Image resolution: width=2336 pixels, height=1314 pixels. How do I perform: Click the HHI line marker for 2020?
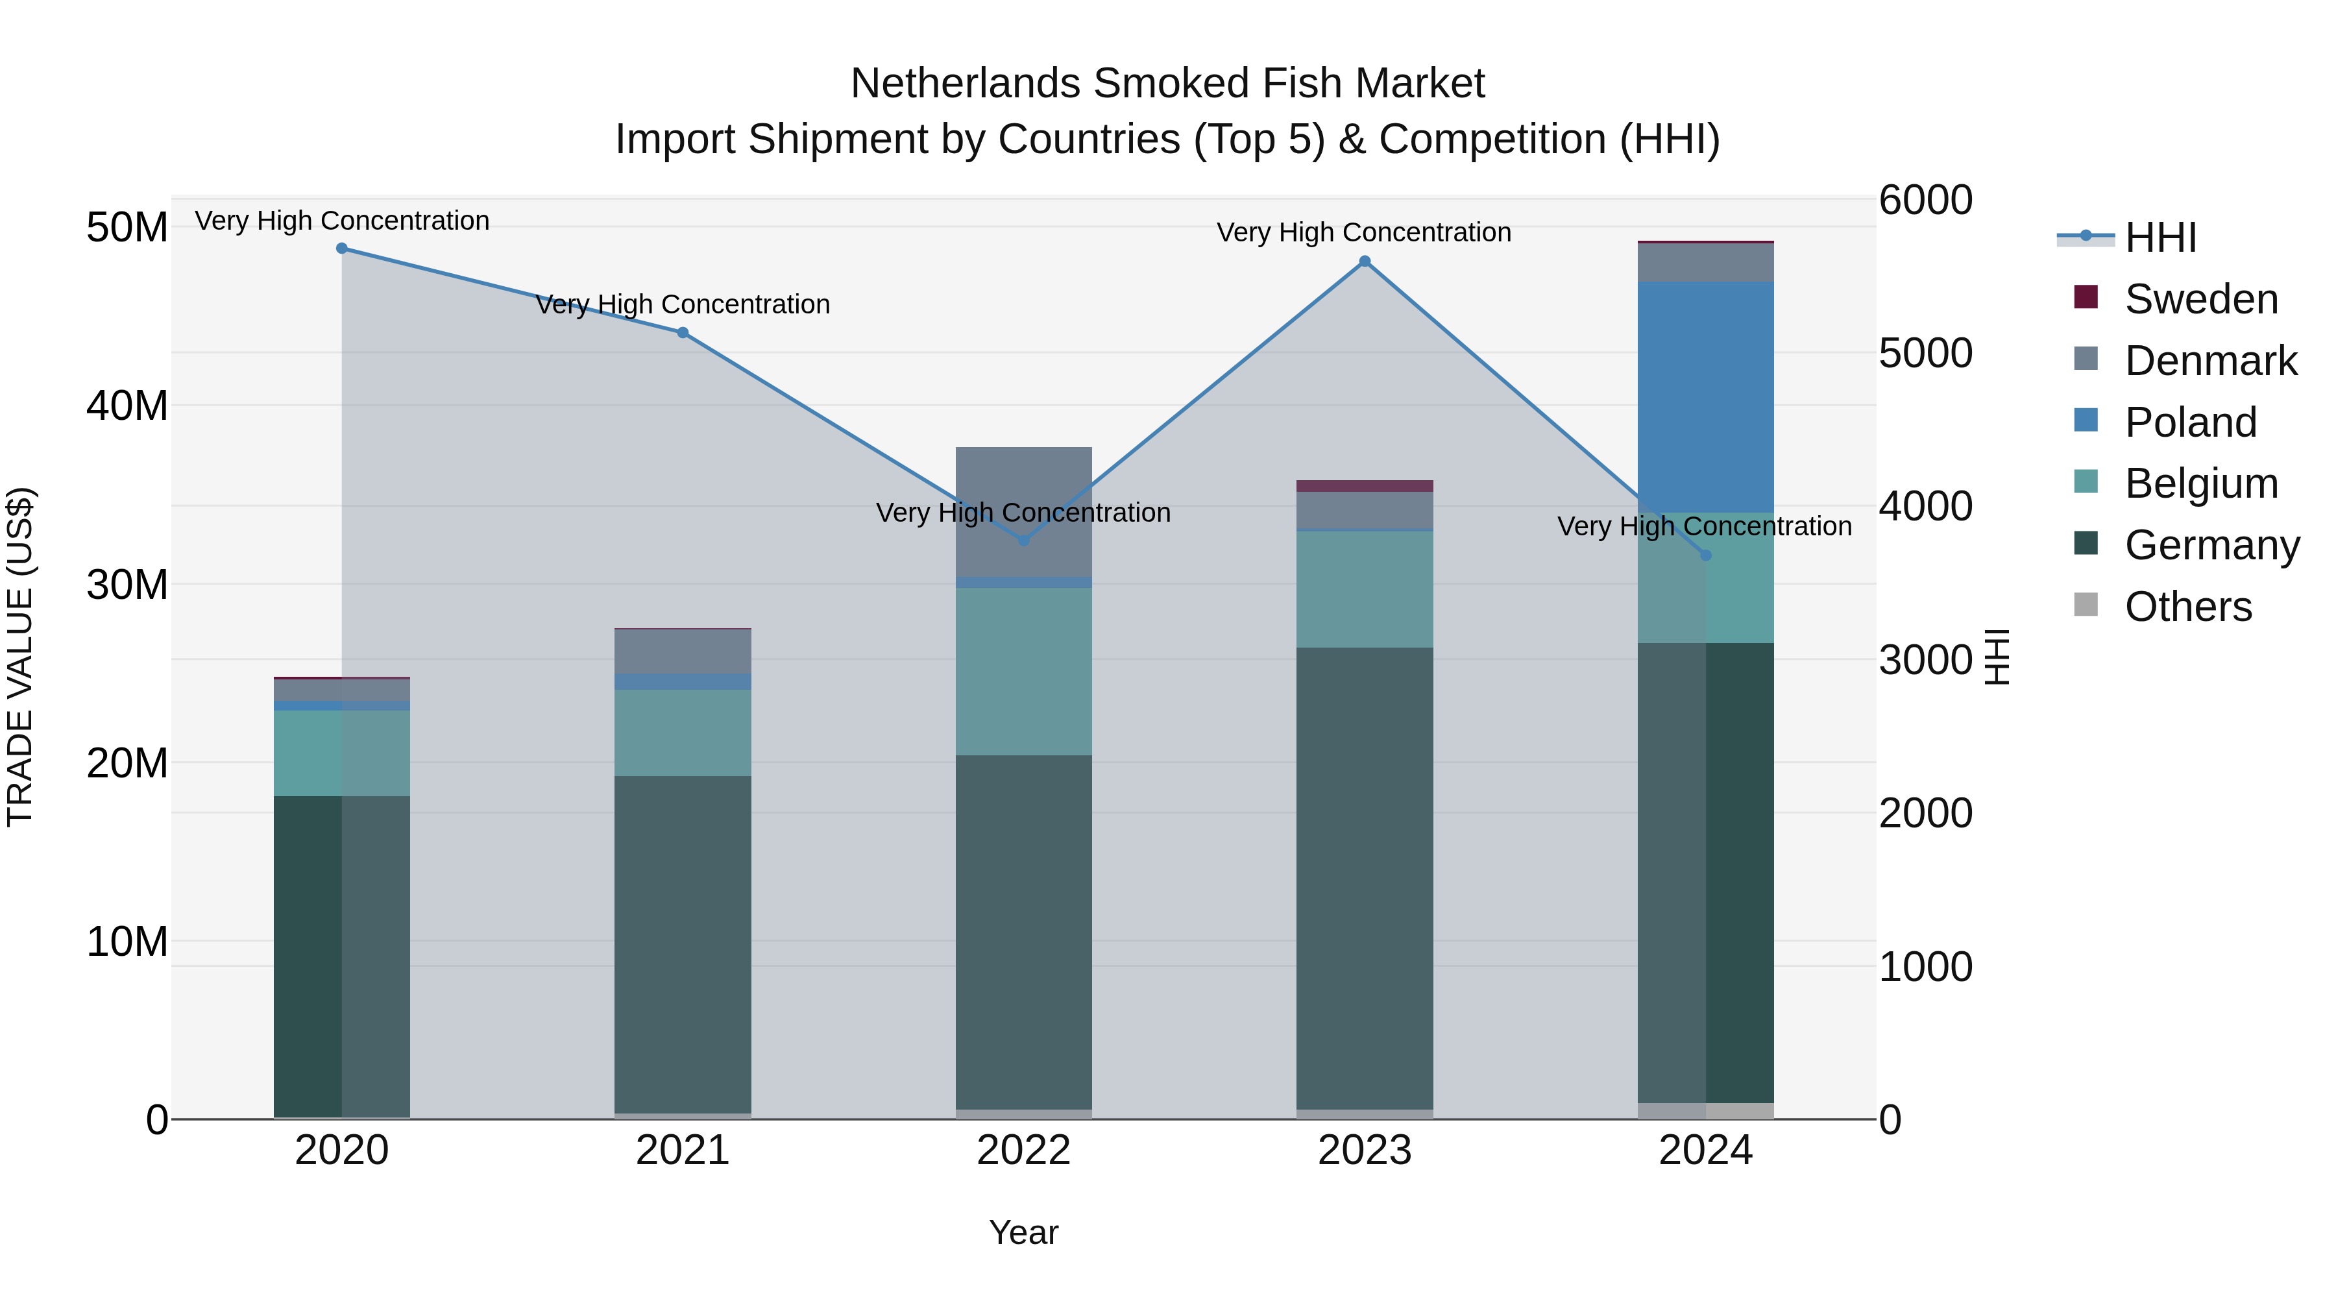pyautogui.click(x=342, y=249)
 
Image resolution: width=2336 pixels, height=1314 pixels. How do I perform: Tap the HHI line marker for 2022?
pyautogui.click(x=1024, y=541)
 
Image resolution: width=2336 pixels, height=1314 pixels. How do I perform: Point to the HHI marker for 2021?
pyautogui.click(x=683, y=333)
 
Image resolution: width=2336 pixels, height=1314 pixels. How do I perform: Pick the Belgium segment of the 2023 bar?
pyautogui.click(x=1365, y=589)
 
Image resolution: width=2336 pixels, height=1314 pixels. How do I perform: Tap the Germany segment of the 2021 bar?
pyautogui.click(x=683, y=943)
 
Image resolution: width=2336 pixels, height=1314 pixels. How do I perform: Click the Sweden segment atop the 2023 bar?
pyautogui.click(x=1365, y=486)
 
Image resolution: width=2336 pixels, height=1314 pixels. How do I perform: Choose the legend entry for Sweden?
pyautogui.click(x=2201, y=299)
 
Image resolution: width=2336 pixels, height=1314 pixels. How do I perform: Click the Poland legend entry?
pyautogui.click(x=2190, y=422)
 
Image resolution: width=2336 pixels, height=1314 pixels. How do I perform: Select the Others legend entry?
pyautogui.click(x=2187, y=607)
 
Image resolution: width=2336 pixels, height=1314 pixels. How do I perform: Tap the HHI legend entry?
pyautogui.click(x=2160, y=237)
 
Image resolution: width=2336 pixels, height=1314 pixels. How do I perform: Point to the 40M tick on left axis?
pyautogui.click(x=127, y=406)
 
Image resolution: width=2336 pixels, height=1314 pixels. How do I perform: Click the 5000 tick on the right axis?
pyautogui.click(x=1925, y=353)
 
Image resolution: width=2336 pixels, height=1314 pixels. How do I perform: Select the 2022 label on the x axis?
pyautogui.click(x=1024, y=1150)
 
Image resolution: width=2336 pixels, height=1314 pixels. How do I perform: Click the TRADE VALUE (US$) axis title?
pyautogui.click(x=20, y=657)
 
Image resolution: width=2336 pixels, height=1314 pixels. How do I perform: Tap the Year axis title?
pyautogui.click(x=1024, y=1232)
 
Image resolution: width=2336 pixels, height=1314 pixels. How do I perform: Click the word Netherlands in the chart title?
pyautogui.click(x=965, y=84)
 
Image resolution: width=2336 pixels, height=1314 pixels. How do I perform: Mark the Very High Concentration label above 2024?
pyautogui.click(x=1704, y=526)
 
